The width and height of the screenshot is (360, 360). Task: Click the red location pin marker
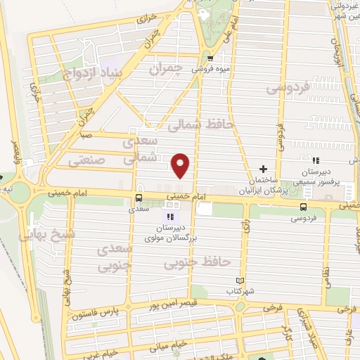click(x=181, y=165)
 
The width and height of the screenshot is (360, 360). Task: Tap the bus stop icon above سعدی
click(x=138, y=198)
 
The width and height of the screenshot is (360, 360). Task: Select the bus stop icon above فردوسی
click(x=303, y=207)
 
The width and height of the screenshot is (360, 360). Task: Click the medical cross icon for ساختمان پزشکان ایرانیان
click(x=264, y=169)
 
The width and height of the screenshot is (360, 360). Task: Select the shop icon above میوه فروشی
click(x=211, y=58)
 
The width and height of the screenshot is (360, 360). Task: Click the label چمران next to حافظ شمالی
click(x=166, y=69)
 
